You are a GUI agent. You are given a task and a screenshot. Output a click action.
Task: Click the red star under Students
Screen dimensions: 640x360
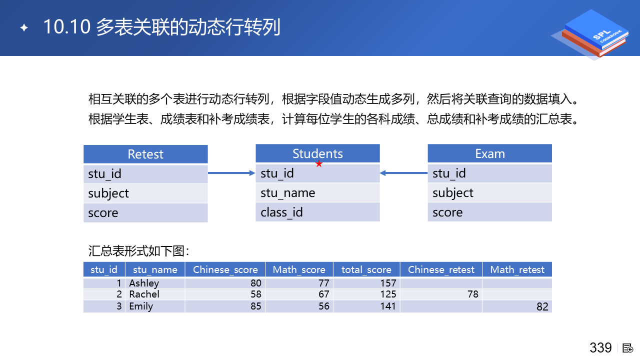pyautogui.click(x=319, y=164)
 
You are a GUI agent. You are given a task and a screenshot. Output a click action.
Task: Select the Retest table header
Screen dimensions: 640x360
pyautogui.click(x=145, y=154)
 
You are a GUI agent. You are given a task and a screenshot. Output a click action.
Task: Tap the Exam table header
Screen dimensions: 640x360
pyautogui.click(x=489, y=153)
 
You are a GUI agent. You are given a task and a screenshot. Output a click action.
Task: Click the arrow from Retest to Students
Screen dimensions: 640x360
pyautogui.click(x=231, y=173)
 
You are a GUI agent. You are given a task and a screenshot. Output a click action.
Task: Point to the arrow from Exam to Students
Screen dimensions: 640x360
pyautogui.click(x=403, y=173)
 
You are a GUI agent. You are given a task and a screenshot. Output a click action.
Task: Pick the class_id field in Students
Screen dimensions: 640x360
pyautogui.click(x=317, y=212)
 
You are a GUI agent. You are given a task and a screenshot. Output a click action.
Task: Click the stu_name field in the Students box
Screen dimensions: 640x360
pyautogui.click(x=317, y=193)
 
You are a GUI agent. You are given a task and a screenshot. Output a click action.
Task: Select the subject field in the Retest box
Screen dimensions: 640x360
pyautogui.click(x=145, y=193)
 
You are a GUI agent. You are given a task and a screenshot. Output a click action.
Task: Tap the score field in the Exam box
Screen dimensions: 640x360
pyautogui.click(x=489, y=212)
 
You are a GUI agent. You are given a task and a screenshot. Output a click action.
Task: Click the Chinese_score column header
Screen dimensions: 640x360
pyautogui.click(x=225, y=269)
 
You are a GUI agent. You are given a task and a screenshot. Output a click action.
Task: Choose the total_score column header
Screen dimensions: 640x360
pyautogui.click(x=366, y=269)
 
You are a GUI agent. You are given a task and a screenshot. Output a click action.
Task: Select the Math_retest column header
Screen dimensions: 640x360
pyautogui.click(x=517, y=269)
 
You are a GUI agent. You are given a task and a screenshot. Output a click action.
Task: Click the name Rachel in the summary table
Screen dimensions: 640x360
pyautogui.click(x=144, y=294)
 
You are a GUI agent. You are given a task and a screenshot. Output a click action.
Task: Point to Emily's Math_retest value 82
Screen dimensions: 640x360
pyautogui.click(x=542, y=306)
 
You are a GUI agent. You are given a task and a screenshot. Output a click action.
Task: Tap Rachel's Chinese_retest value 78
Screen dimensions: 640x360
pyautogui.click(x=473, y=294)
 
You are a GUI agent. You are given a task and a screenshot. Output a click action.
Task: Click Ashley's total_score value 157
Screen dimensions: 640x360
pyautogui.click(x=388, y=283)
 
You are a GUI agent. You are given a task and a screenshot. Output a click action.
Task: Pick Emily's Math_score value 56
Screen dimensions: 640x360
pyautogui.click(x=324, y=306)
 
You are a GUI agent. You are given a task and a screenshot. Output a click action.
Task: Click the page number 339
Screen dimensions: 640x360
pyautogui.click(x=600, y=347)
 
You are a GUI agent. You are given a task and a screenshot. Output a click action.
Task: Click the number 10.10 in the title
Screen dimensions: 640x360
pyautogui.click(x=67, y=27)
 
